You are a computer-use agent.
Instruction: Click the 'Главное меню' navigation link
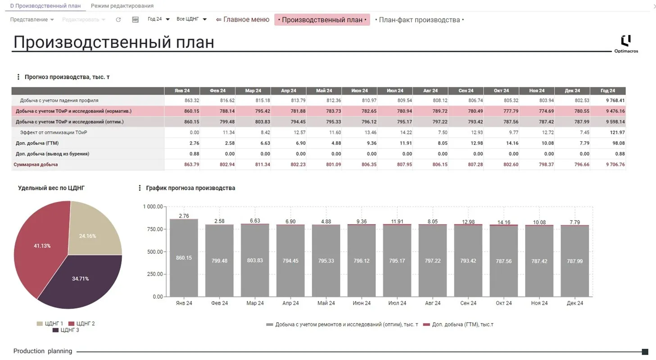pyautogui.click(x=243, y=20)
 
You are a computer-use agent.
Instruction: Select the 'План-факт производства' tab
pyautogui.click(x=419, y=20)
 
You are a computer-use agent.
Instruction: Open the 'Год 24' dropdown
pyautogui.click(x=158, y=19)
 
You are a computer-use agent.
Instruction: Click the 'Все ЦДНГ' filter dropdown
pyautogui.click(x=191, y=19)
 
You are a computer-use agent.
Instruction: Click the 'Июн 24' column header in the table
pyautogui.click(x=359, y=90)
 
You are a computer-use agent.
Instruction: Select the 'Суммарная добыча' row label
pyautogui.click(x=36, y=165)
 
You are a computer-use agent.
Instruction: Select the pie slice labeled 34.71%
pyautogui.click(x=81, y=281)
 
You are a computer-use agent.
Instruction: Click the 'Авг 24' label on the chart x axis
pyautogui.click(x=432, y=303)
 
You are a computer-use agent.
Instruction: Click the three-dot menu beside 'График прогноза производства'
pyautogui.click(x=140, y=188)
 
